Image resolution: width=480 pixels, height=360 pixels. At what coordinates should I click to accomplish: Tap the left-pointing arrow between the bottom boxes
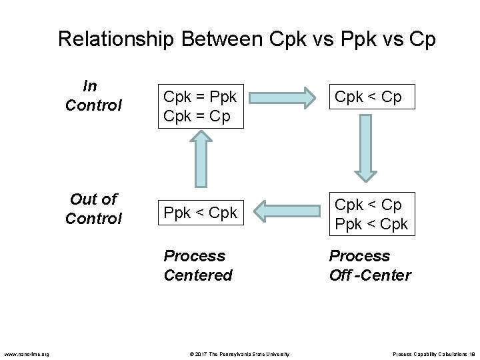(x=288, y=213)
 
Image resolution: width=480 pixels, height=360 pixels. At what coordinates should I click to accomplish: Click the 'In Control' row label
(x=93, y=95)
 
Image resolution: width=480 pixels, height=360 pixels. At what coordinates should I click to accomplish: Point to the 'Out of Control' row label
(x=93, y=208)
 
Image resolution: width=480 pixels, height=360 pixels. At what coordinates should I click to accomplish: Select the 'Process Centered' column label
(x=197, y=265)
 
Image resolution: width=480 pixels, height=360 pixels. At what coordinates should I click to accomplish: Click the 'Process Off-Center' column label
(x=370, y=265)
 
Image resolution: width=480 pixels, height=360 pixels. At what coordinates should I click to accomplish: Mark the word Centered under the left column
(x=197, y=275)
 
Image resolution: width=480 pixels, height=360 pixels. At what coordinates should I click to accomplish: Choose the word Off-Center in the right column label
(x=370, y=275)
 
